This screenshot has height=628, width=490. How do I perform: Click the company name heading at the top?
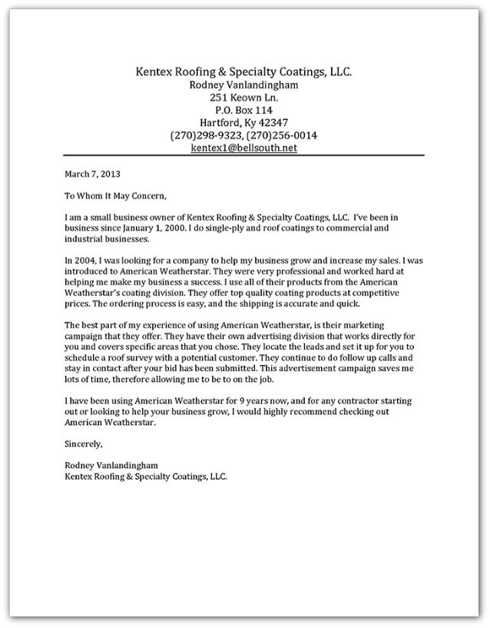243,72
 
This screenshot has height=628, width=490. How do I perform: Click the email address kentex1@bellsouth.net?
243,148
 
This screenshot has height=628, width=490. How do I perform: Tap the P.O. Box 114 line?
243,110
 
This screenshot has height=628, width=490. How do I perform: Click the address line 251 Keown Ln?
243,98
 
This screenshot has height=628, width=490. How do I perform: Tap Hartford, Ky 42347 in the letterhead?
243,122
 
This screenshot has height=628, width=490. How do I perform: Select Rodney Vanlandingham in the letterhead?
243,85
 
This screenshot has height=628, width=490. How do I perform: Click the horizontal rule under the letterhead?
243,156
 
